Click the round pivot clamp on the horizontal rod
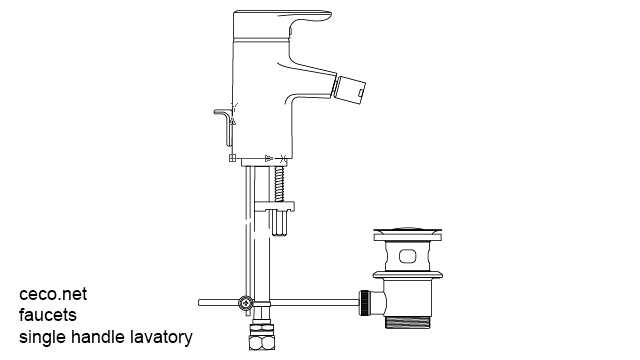(x=244, y=302)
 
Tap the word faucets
(x=48, y=316)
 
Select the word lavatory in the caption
(x=160, y=337)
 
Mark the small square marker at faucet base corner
(x=232, y=160)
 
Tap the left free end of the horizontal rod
(x=203, y=301)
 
